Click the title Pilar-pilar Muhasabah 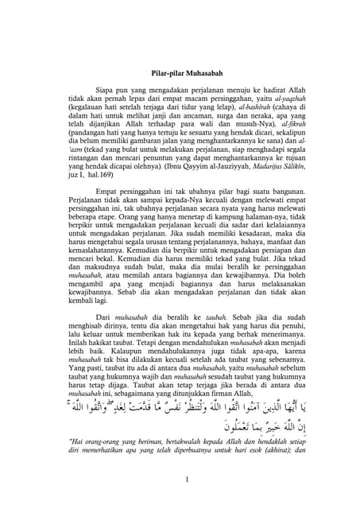[180, 75]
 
